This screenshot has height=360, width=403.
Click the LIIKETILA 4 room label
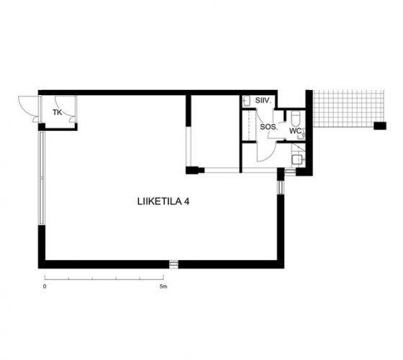(x=163, y=202)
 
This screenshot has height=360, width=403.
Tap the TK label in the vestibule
(x=58, y=112)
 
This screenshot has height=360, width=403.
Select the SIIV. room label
(x=263, y=101)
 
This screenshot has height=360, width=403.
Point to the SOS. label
(x=269, y=127)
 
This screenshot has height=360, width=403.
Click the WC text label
(x=295, y=130)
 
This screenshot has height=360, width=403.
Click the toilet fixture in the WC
(x=295, y=118)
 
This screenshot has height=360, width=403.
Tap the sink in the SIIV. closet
(x=246, y=101)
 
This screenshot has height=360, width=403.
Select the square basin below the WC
(x=298, y=160)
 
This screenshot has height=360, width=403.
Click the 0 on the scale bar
(x=45, y=287)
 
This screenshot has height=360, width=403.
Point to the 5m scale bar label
(x=163, y=287)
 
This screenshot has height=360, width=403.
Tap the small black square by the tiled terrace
(x=380, y=126)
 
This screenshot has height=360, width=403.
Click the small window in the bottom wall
(x=174, y=264)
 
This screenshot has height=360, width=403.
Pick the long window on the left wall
(x=42, y=178)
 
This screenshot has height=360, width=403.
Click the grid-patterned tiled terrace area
(x=348, y=109)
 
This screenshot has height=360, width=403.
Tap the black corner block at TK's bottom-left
(x=42, y=127)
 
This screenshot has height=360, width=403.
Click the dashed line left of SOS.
(x=249, y=125)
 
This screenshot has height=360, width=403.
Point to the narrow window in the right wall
(x=281, y=187)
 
